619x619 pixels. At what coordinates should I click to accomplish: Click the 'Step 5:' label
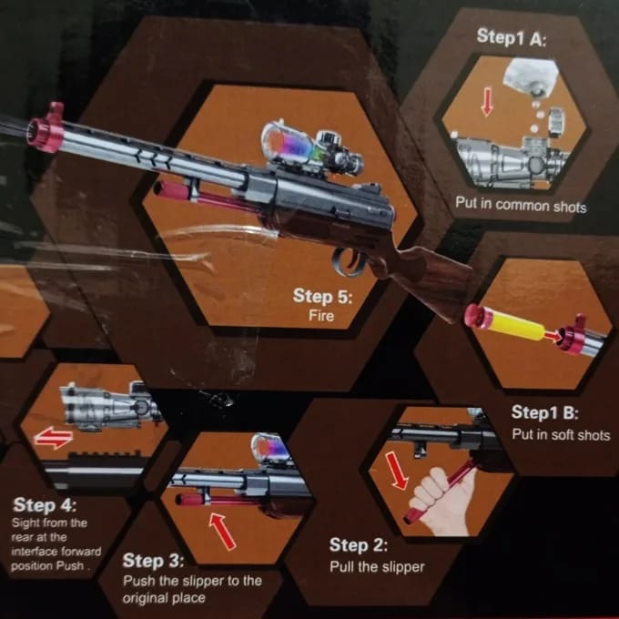(x=321, y=297)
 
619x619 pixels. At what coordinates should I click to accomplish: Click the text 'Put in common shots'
(x=521, y=206)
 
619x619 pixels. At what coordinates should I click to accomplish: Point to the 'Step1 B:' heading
(x=543, y=413)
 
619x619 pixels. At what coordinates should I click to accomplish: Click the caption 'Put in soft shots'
(x=560, y=434)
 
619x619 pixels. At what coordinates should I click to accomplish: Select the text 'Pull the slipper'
(x=377, y=566)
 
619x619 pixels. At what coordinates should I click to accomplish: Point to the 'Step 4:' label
(x=45, y=504)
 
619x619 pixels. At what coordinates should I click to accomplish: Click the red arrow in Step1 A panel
(x=487, y=101)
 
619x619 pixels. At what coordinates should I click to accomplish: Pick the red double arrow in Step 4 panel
(x=53, y=439)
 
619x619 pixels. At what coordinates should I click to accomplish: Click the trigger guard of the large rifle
(x=349, y=262)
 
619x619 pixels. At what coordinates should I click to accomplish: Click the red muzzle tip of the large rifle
(x=47, y=130)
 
